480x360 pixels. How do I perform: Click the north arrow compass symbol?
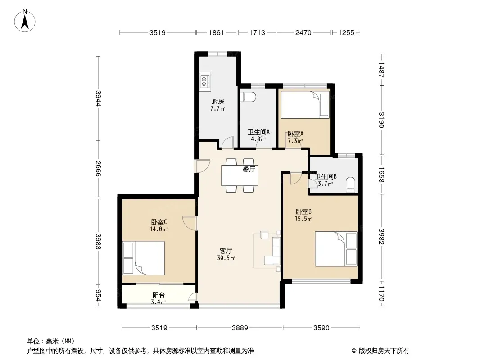[x=25, y=21]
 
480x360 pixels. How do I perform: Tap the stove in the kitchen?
[x=205, y=81]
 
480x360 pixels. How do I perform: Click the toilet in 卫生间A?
[x=248, y=96]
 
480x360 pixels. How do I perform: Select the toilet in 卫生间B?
[x=350, y=185]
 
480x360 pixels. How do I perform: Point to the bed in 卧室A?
[x=305, y=104]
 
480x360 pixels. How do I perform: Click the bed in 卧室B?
[x=336, y=249]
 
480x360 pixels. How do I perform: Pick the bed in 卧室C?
[x=144, y=258]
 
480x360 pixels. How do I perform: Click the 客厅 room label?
[x=226, y=251]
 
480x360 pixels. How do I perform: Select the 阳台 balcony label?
[x=158, y=295]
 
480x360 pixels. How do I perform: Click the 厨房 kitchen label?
[x=217, y=102]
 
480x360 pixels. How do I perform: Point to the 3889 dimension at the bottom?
[x=240, y=328]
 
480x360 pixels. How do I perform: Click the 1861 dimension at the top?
[x=217, y=32]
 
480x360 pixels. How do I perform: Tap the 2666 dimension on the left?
[x=98, y=169]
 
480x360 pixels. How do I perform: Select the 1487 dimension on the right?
[x=381, y=70]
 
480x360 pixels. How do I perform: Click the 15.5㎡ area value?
[x=303, y=219]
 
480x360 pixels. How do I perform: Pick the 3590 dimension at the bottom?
[x=321, y=328]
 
